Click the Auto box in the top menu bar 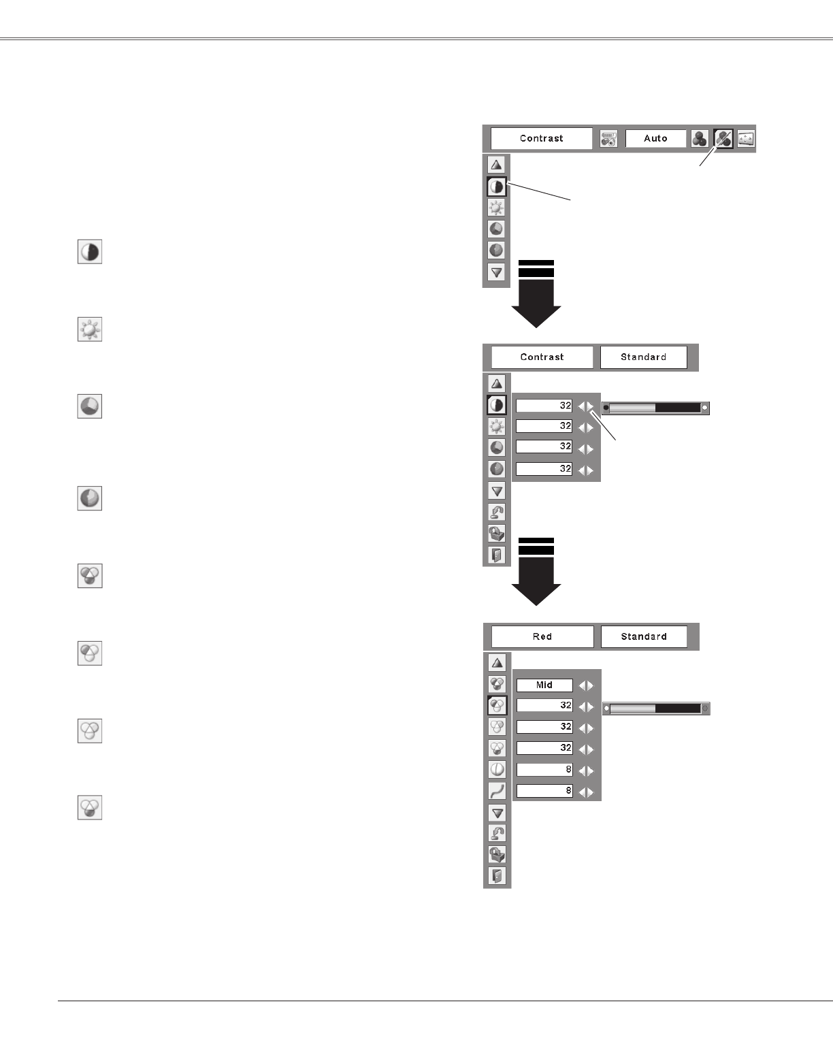point(655,138)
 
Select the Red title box point(542,636)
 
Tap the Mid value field point(544,685)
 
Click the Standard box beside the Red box point(643,636)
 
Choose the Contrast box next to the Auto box point(541,138)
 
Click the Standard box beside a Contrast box point(643,357)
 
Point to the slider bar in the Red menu point(656,709)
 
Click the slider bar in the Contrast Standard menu point(655,408)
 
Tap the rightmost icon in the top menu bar point(747,138)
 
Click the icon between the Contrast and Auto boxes point(608,138)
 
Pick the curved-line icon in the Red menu point(497,790)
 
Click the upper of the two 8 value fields point(544,770)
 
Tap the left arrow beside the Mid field point(581,686)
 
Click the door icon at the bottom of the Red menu point(497,875)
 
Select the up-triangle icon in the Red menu point(497,662)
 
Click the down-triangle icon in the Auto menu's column point(497,272)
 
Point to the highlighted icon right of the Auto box point(723,138)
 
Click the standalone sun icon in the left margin point(90,330)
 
